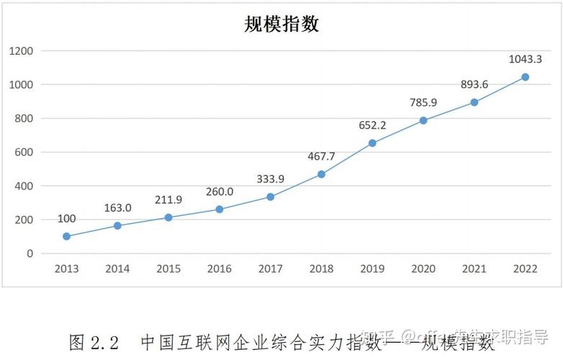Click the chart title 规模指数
tap(281, 24)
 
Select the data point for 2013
tap(67, 236)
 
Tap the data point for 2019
tap(372, 143)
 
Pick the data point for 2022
tap(525, 77)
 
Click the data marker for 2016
tap(220, 210)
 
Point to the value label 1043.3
tap(525, 59)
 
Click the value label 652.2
tap(372, 125)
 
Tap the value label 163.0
tap(118, 208)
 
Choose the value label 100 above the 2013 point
tap(66, 219)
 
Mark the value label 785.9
tap(423, 102)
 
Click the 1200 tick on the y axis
tap(22, 51)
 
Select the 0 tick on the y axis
tap(31, 253)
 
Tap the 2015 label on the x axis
tap(168, 269)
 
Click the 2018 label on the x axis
tap(321, 269)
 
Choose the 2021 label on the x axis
tap(474, 269)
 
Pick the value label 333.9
tap(271, 179)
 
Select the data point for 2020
tap(423, 120)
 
